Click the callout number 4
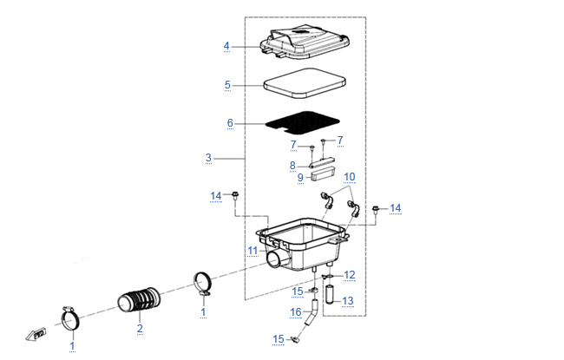(x=226, y=46)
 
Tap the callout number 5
(x=226, y=85)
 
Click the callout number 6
(x=230, y=123)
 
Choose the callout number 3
(x=208, y=158)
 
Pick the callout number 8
(x=293, y=165)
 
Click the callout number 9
(x=300, y=178)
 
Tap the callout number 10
(x=350, y=177)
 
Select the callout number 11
(x=252, y=251)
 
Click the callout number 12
(x=350, y=275)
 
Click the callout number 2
(x=139, y=329)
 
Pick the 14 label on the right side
(x=396, y=208)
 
